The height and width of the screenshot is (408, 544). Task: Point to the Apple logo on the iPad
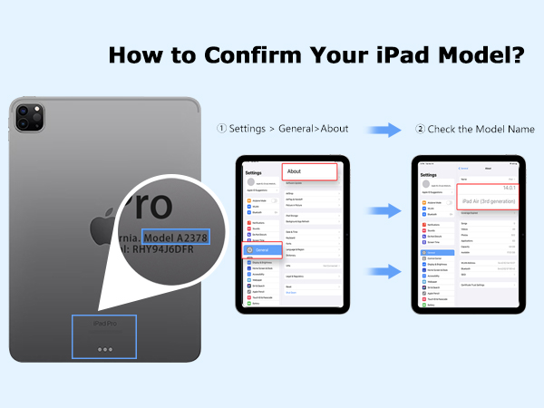[x=102, y=212]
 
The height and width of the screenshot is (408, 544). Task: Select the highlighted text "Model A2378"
[x=177, y=237]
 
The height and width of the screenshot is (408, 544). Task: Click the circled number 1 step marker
[x=221, y=129]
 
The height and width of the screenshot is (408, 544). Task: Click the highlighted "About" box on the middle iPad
[x=308, y=171]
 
